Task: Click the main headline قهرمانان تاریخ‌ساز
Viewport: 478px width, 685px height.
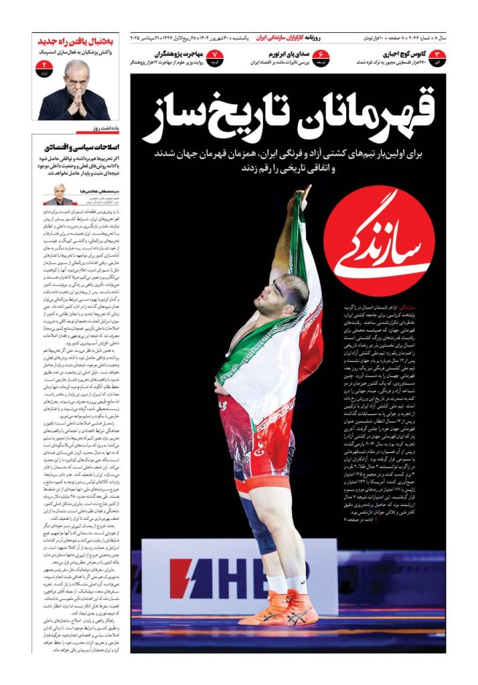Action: [289, 112]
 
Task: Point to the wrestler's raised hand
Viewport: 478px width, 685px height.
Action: [305, 197]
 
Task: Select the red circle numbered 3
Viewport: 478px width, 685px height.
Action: [438, 57]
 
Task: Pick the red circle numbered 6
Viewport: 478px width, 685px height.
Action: [322, 57]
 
